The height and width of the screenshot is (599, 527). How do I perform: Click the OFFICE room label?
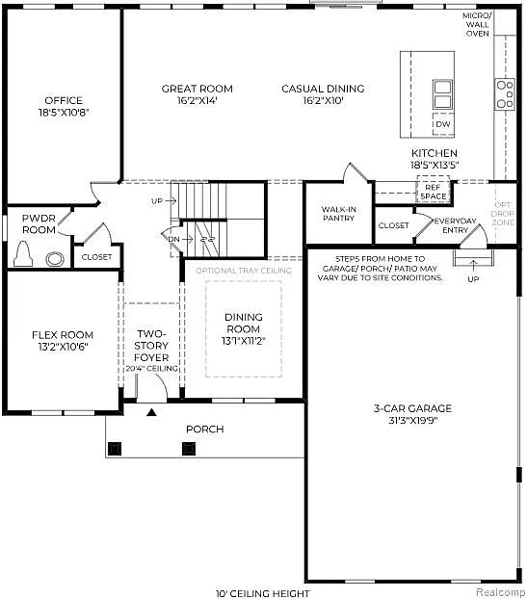pos(63,100)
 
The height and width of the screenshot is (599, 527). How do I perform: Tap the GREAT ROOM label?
pos(197,89)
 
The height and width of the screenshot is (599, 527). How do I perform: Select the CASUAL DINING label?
pos(323,89)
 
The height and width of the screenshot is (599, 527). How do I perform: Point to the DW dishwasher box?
pos(442,124)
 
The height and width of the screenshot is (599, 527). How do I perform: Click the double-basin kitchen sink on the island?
pos(442,94)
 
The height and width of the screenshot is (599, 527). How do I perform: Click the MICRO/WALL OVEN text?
pos(478,24)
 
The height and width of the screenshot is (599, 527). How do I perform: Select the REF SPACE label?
pos(434,193)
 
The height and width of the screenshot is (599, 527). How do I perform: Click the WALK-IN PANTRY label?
pos(338,213)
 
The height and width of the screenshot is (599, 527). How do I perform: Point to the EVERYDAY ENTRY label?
pos(454,224)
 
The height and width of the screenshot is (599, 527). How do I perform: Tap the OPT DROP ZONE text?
pos(504,213)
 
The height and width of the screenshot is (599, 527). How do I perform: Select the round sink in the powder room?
pos(55,257)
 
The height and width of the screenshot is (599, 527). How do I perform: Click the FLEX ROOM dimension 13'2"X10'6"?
pos(62,348)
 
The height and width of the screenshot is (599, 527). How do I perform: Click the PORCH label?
pos(205,429)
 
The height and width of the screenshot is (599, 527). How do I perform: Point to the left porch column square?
pos(115,447)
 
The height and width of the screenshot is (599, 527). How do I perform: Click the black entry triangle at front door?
pos(151,413)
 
